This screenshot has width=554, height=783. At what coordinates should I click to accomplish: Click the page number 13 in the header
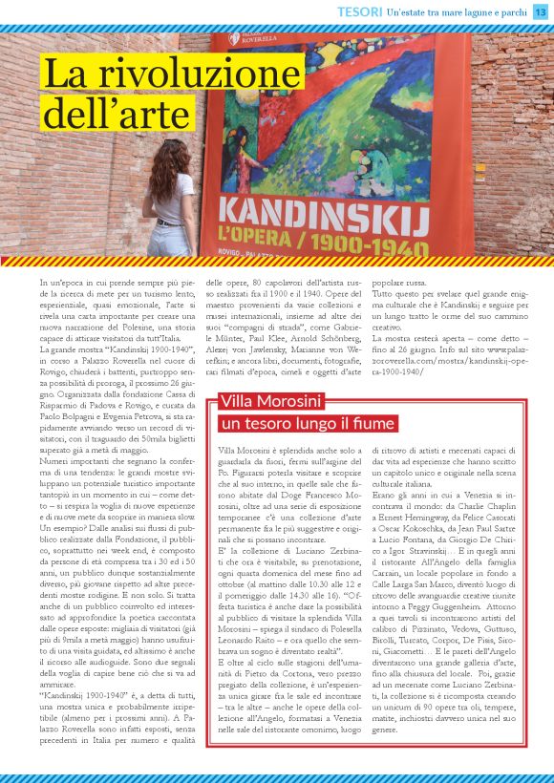[x=540, y=11]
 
